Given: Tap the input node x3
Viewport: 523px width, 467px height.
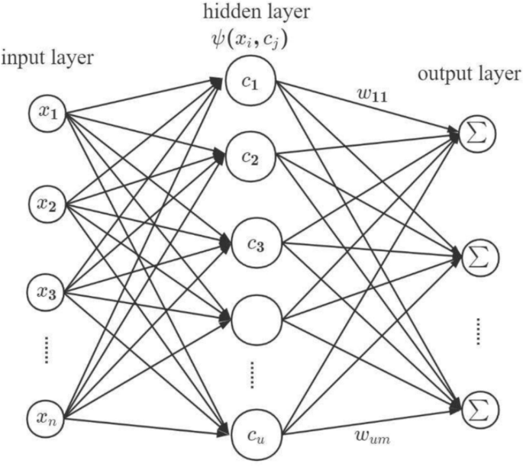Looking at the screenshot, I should (48, 292).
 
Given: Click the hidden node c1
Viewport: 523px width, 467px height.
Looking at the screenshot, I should (252, 82).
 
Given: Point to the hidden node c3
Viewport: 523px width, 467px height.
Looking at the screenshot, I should (252, 244).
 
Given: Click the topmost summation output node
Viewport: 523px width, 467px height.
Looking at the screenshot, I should (476, 136).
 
